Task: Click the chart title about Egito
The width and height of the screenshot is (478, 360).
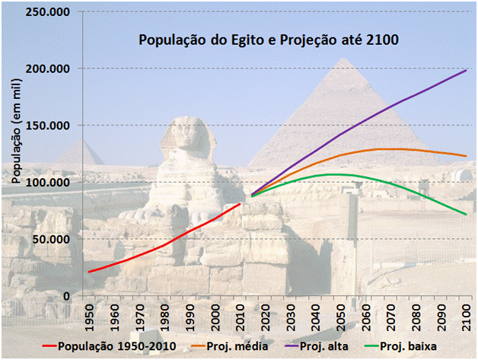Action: coord(268,40)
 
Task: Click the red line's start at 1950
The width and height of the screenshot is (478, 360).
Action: coord(90,272)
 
